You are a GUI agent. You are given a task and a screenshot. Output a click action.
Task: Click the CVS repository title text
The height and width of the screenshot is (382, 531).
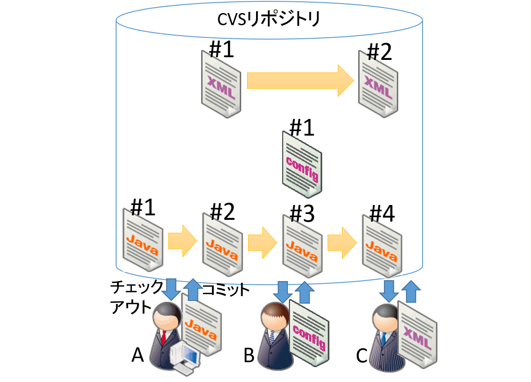click(269, 19)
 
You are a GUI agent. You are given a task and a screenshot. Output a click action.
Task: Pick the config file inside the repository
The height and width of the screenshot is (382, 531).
click(302, 164)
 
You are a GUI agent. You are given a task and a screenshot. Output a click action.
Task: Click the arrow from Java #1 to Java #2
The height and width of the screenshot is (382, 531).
click(182, 241)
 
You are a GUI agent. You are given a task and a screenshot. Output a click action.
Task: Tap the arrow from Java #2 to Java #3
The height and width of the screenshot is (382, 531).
click(262, 243)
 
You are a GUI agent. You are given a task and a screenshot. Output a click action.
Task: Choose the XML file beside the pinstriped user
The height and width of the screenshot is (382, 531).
click(417, 333)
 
